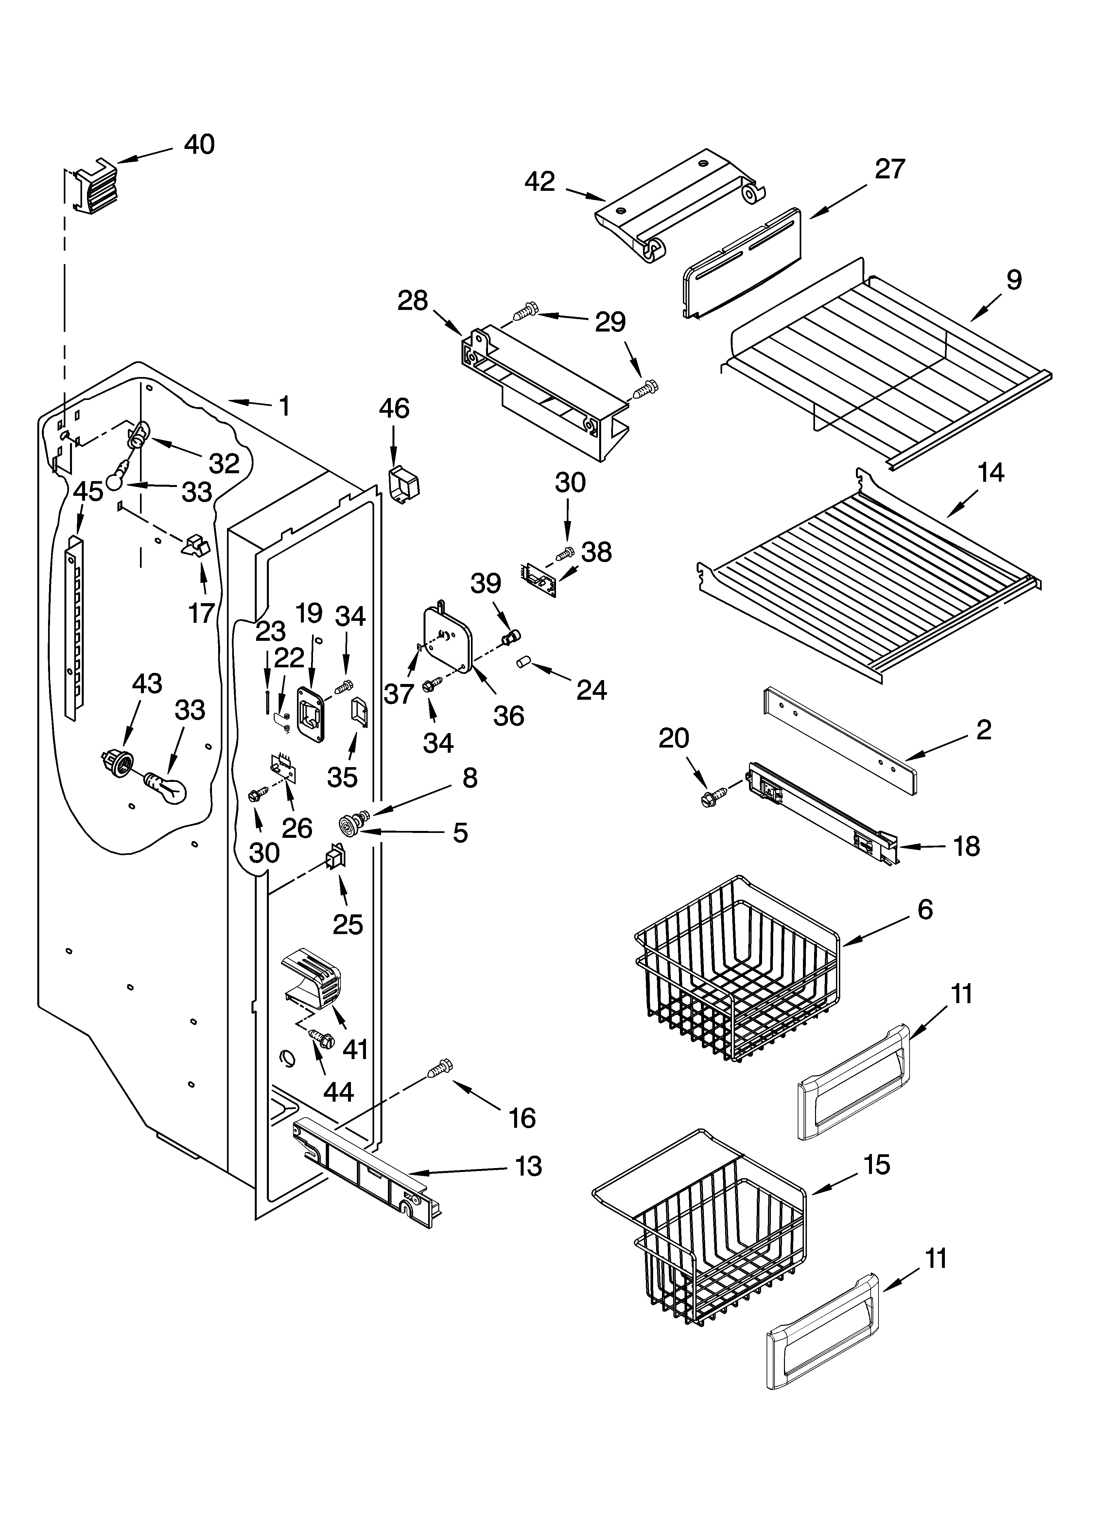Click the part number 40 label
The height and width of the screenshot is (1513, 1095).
coord(199,145)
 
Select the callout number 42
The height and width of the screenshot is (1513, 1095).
coord(540,181)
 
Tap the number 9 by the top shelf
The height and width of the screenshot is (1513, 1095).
coord(1013,279)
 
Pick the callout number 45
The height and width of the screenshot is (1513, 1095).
coord(88,492)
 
